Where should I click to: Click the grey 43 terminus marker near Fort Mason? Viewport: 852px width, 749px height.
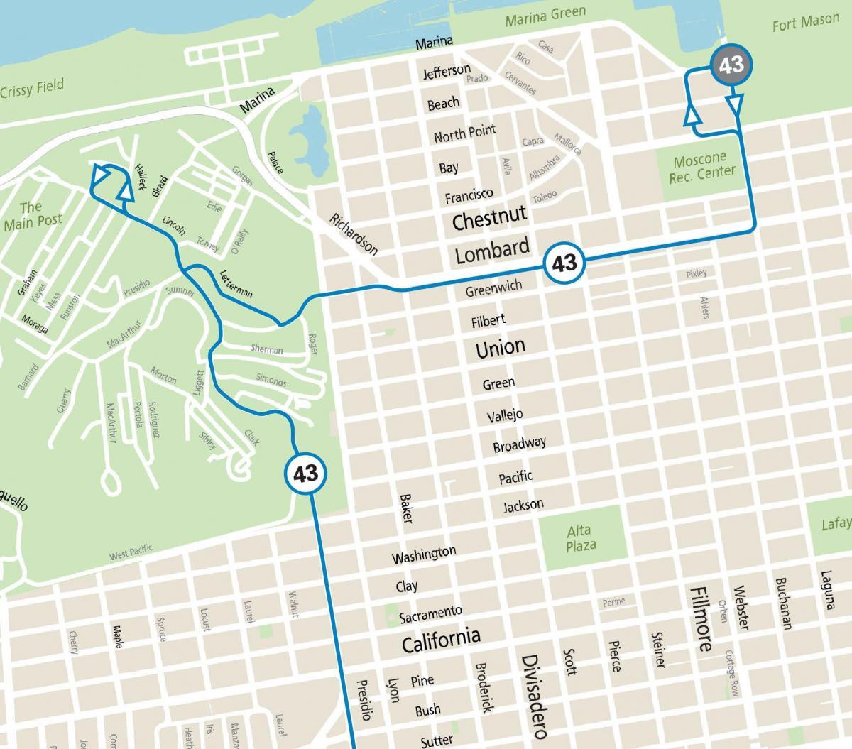731,65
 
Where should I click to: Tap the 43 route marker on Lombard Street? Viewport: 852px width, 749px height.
564,263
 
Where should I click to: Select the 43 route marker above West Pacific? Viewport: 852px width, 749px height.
306,473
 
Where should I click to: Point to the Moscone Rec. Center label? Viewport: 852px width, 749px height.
701,168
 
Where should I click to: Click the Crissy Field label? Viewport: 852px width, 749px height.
32,89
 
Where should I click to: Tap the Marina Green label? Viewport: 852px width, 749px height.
545,16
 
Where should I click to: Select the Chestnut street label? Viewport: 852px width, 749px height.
490,218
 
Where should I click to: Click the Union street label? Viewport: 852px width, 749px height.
501,347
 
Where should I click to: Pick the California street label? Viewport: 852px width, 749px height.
441,640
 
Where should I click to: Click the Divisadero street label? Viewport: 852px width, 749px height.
532,697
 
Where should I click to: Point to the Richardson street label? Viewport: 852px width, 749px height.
354,234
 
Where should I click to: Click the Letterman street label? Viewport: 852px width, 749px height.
236,283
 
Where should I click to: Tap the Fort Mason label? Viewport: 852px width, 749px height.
805,23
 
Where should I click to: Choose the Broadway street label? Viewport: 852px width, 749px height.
520,444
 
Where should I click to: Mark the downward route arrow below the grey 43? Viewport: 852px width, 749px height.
736,105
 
